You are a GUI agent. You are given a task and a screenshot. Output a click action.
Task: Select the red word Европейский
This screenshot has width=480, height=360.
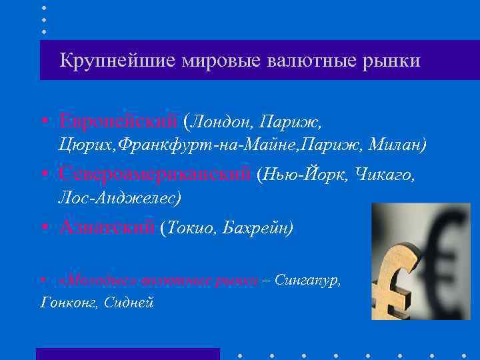[x=117, y=121]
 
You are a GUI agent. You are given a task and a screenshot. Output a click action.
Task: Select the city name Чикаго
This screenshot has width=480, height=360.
[x=385, y=175]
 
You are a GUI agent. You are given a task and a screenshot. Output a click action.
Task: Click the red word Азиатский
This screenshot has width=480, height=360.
[x=107, y=227]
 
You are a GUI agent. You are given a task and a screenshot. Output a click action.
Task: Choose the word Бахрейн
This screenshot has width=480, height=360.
[x=258, y=228]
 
